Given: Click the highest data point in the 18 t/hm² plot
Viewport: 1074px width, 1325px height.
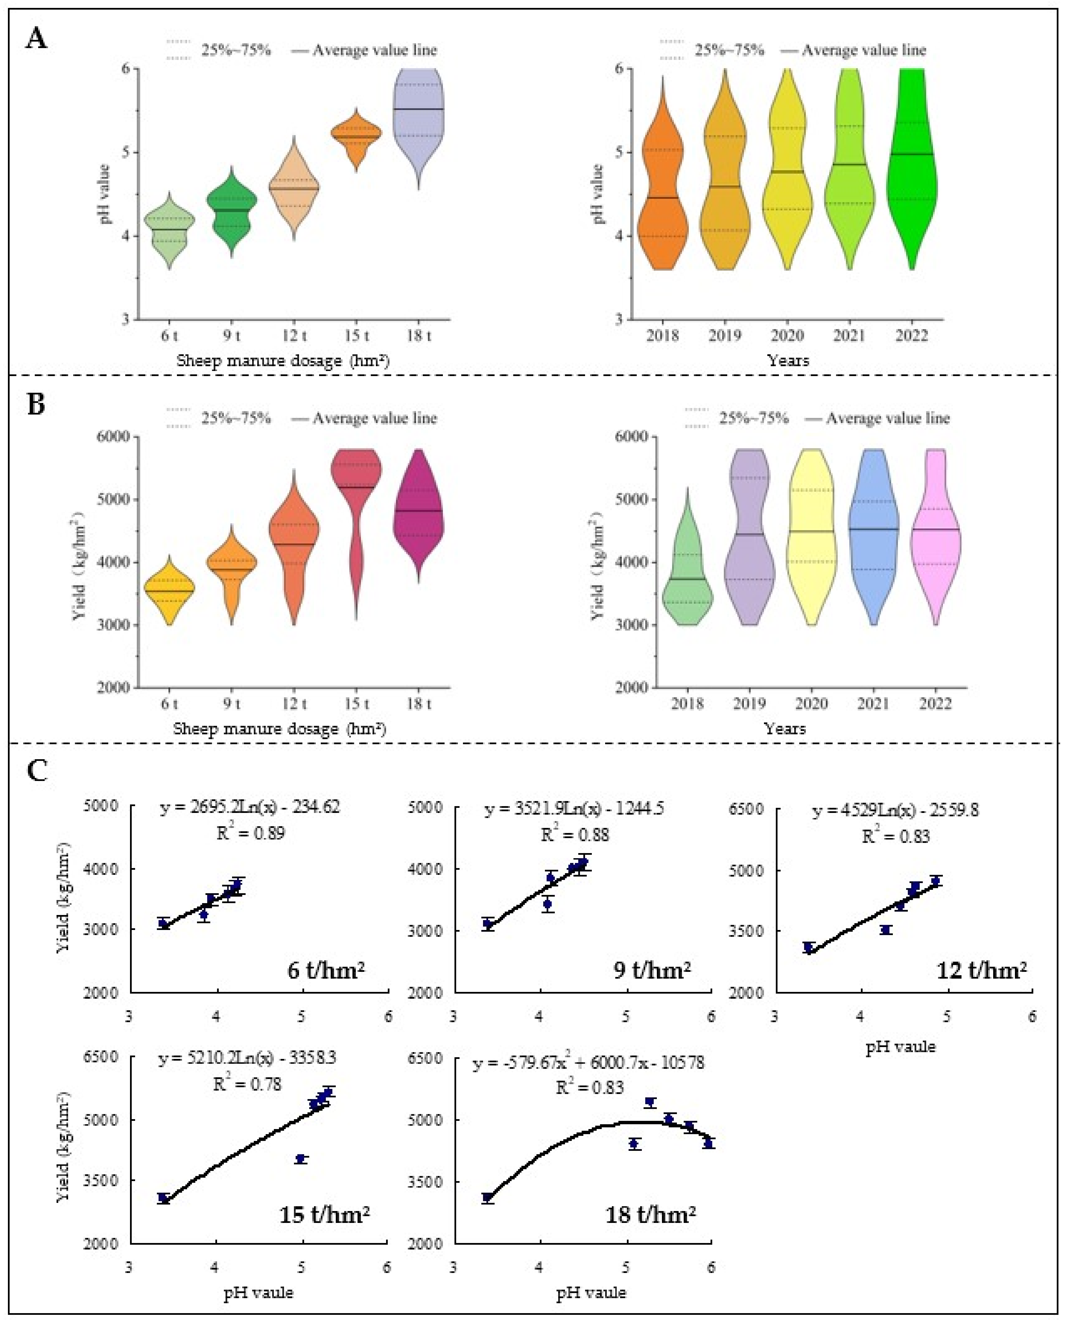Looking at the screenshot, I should (649, 1102).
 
